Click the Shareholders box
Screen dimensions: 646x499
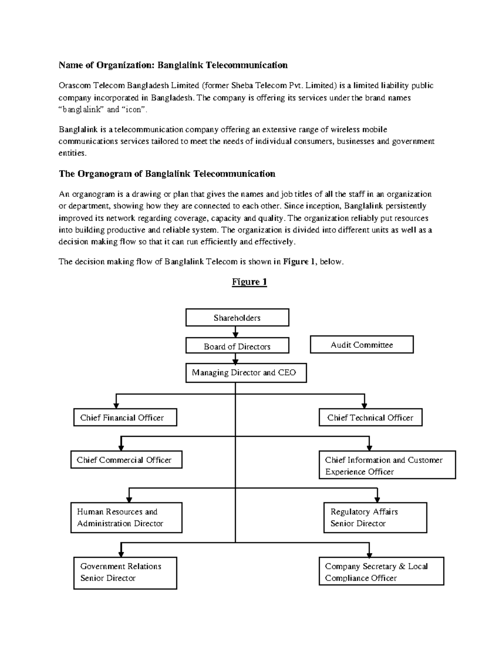pyautogui.click(x=237, y=318)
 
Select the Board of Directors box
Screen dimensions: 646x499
pyautogui.click(x=237, y=346)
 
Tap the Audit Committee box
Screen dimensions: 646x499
pyautogui.click(x=362, y=344)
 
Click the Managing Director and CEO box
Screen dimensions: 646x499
pyautogui.click(x=245, y=373)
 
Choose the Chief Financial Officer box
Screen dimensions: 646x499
pyautogui.click(x=125, y=418)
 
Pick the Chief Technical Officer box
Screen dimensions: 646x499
pyautogui.click(x=371, y=418)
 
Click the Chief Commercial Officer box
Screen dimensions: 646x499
pyautogui.click(x=126, y=460)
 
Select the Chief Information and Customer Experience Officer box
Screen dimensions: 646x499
pyautogui.click(x=387, y=465)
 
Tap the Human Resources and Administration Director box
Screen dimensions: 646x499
pyautogui.click(x=126, y=517)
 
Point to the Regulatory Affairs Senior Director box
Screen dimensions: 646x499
pyautogui.click(x=375, y=517)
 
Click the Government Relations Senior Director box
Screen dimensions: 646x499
pyautogui.click(x=125, y=572)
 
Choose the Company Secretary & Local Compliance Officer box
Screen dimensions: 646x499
pyautogui.click(x=381, y=572)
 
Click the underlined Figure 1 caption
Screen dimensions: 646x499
pyautogui.click(x=249, y=282)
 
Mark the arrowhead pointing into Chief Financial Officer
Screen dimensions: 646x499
pyautogui.click(x=116, y=405)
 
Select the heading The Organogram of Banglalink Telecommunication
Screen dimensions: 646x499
pyautogui.click(x=167, y=174)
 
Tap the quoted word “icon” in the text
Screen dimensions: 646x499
pyautogui.click(x=134, y=110)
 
